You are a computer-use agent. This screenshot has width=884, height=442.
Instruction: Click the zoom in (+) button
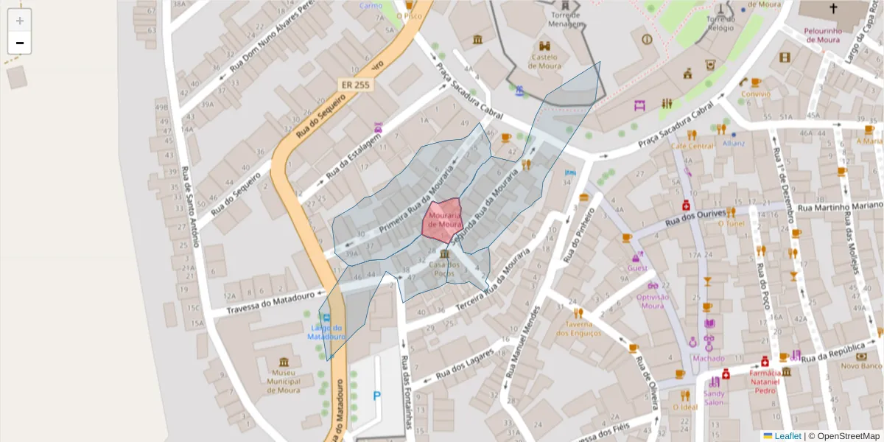19,21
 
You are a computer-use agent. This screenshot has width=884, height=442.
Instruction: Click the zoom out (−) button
19,43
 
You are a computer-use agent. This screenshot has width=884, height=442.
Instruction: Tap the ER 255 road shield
356,85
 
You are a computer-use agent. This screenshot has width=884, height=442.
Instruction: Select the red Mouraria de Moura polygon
442,220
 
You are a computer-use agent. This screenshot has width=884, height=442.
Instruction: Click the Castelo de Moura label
544,61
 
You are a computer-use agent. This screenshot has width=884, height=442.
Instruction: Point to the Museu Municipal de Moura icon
284,362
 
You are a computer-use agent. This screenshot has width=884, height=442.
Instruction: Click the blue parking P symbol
377,396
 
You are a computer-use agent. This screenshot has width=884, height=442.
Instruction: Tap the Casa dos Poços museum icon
443,254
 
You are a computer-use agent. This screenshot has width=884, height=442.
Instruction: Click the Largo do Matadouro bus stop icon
326,318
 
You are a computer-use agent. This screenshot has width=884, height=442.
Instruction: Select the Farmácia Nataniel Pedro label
764,382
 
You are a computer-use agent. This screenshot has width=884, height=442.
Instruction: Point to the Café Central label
692,146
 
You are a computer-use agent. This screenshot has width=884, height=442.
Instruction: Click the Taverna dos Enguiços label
579,329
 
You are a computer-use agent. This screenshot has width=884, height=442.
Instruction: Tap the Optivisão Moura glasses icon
653,286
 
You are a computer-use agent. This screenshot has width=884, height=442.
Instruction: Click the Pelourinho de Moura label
823,35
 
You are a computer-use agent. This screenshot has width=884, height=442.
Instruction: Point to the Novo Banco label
860,365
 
